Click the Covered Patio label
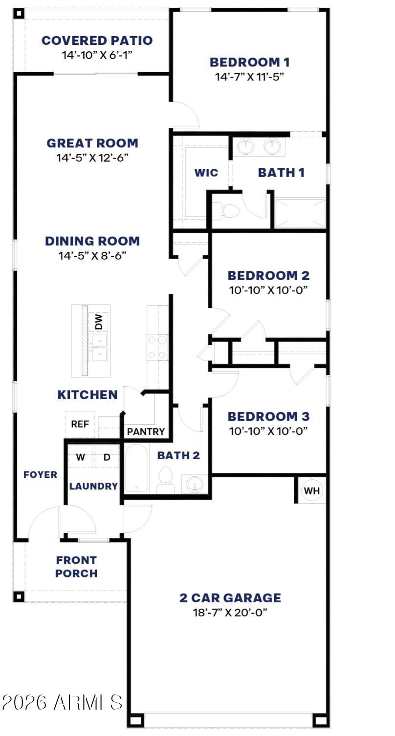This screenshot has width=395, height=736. pos(97,41)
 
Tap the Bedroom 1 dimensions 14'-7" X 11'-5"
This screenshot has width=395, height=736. pos(249,77)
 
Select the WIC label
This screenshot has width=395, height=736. pos(206,172)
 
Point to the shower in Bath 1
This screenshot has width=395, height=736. pos(300,213)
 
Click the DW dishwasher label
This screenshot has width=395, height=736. pos(99,322)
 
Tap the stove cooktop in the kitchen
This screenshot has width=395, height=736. pos(157,347)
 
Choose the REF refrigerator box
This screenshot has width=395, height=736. pos(80,424)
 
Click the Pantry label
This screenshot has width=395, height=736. pos(146,431)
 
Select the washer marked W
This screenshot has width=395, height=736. pos(81,457)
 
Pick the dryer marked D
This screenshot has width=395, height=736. pos(107,457)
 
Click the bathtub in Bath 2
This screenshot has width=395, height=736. pos(136,468)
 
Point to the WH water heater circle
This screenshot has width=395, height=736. pos(312,491)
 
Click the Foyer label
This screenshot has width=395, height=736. pos(40,474)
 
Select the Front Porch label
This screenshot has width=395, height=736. pos(76,567)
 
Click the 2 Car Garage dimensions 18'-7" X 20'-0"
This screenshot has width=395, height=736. pos(230,613)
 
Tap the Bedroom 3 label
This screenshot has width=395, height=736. pos(268,416)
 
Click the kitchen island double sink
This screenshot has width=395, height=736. pos(99,348)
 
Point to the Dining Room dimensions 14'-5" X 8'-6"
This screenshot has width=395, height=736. pos(92,255)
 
